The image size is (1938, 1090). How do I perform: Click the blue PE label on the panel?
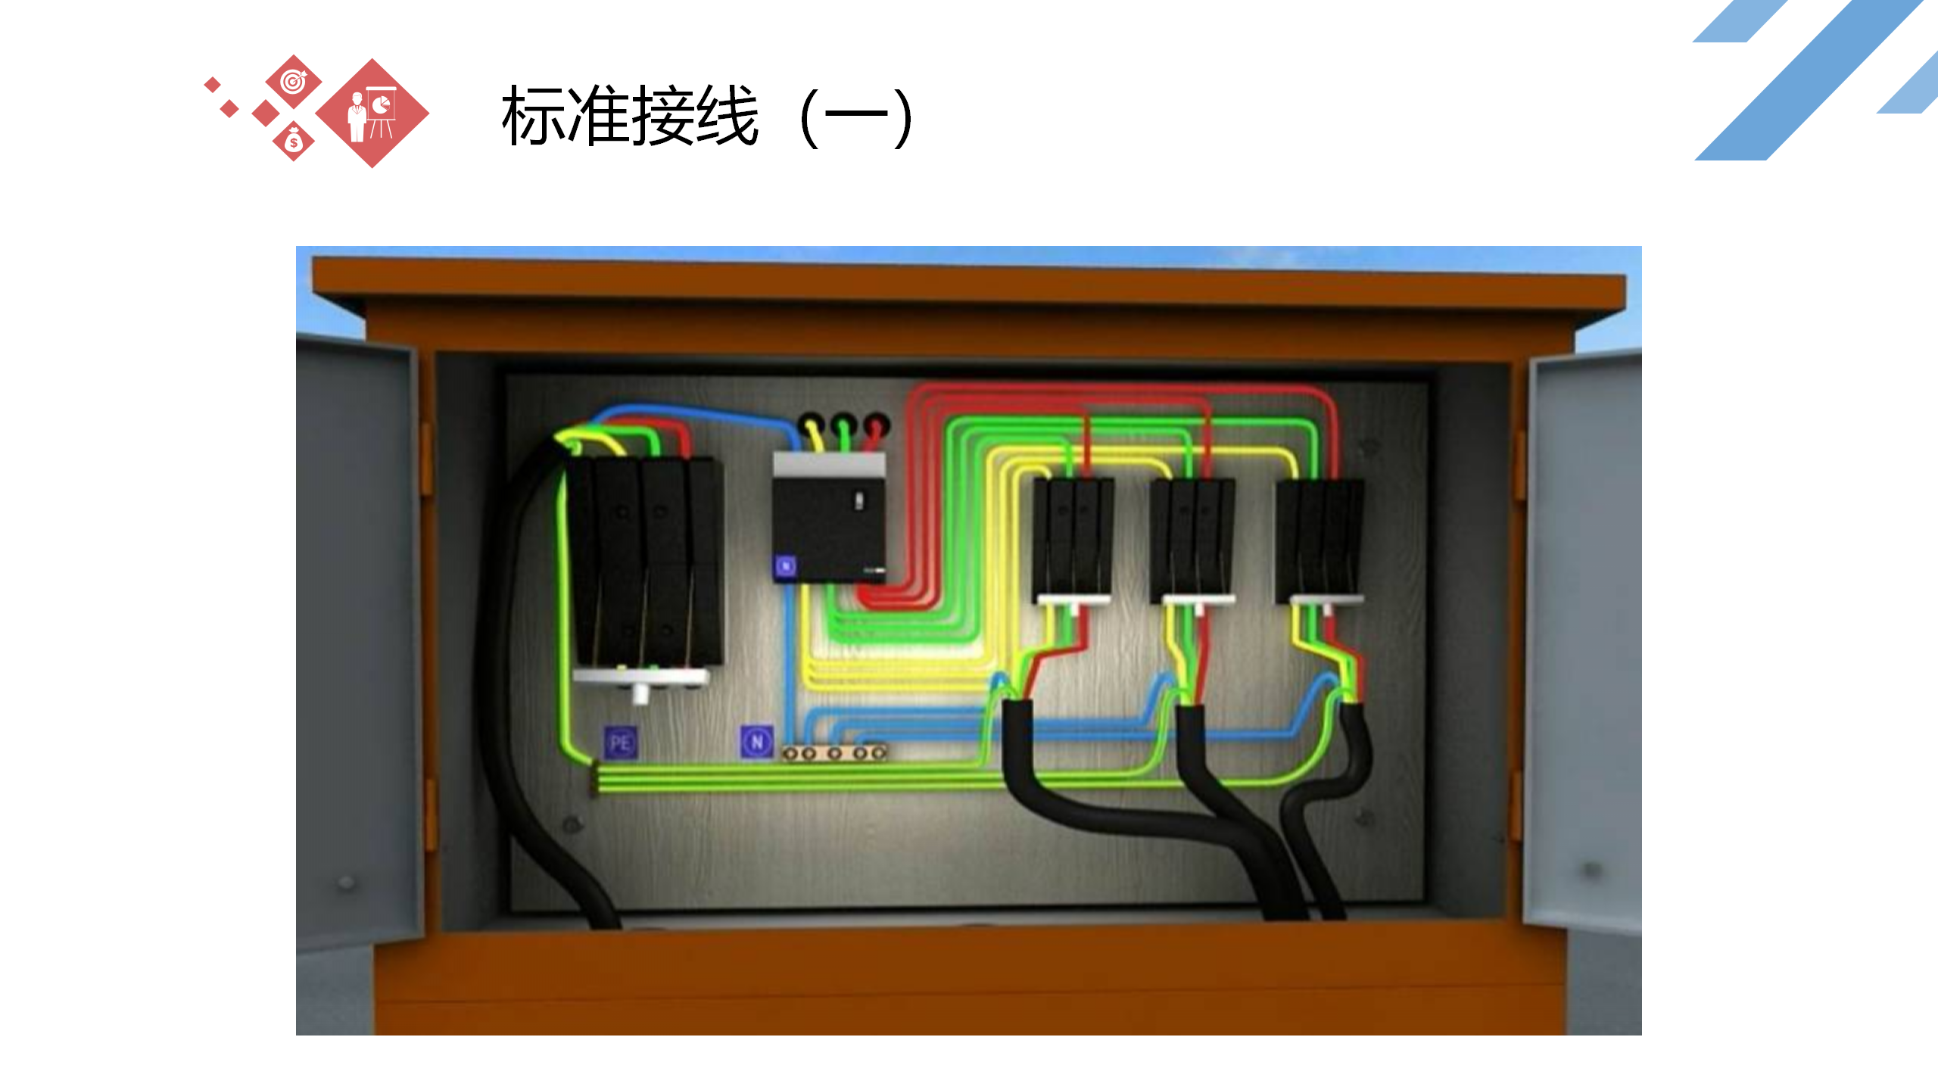point(620,743)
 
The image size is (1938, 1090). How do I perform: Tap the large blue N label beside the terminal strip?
point(756,742)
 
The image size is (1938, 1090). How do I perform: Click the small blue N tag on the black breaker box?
point(786,566)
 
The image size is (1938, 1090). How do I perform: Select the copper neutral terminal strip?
point(834,753)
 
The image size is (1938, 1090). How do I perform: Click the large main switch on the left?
point(648,564)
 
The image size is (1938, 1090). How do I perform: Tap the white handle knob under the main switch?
point(640,692)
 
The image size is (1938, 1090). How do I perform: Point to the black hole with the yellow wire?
point(810,422)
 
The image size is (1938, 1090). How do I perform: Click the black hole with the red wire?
point(876,422)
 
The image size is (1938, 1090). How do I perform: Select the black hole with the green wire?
point(843,422)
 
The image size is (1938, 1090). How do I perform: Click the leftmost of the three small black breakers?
point(1072,537)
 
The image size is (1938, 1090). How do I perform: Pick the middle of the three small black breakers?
point(1192,537)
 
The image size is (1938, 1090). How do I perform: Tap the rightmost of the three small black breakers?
point(1319,537)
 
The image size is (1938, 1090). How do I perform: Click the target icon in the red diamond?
point(293,81)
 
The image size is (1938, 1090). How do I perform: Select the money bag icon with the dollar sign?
point(294,142)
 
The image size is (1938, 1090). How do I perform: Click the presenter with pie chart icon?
point(372,114)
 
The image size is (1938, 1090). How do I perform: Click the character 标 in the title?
point(533,116)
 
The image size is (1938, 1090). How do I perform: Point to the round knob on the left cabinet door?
point(347,882)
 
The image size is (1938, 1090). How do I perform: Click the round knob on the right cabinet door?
point(1592,869)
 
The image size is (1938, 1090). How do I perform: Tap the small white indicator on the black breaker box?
point(859,500)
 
